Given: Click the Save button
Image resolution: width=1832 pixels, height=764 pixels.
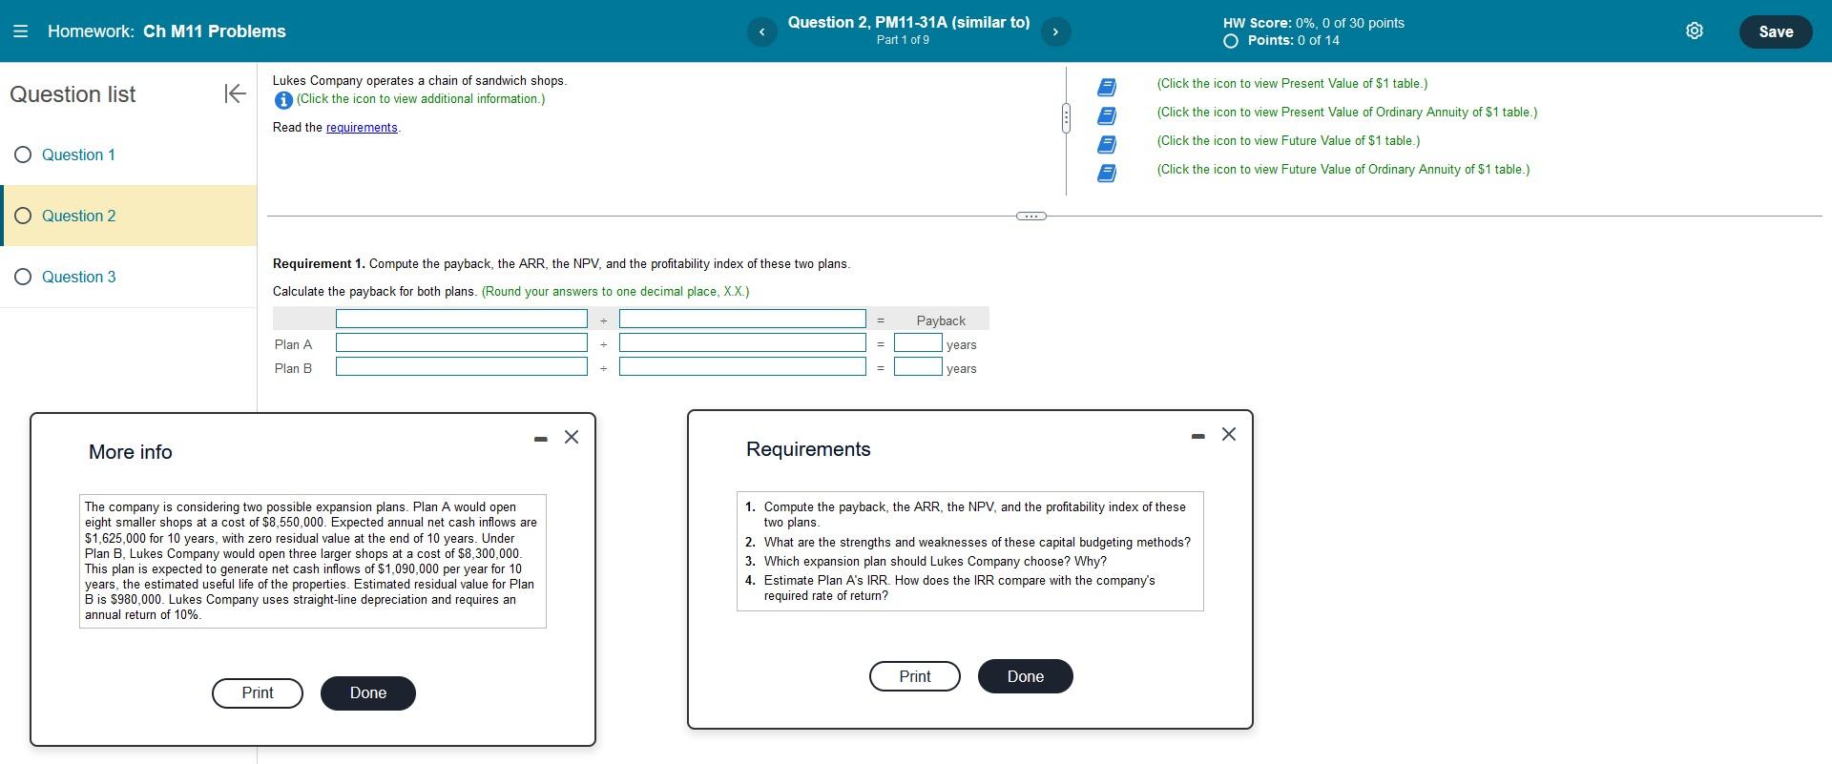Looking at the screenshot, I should click(x=1775, y=31).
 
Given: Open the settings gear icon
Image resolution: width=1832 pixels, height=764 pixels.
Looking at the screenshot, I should click(x=1694, y=31).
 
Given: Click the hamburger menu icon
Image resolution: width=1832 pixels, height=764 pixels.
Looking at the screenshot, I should click(x=20, y=31).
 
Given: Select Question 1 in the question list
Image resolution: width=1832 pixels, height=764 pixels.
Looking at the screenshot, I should click(x=77, y=155).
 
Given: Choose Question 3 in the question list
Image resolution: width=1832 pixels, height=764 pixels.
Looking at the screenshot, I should click(x=77, y=277).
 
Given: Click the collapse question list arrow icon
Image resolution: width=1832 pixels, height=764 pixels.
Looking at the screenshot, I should click(x=235, y=93).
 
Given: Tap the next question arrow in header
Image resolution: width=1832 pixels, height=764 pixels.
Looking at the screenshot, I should click(x=1055, y=32).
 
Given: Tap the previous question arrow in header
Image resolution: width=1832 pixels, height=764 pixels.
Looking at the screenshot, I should click(x=761, y=32).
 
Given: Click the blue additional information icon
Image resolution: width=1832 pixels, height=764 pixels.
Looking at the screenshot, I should click(x=282, y=100).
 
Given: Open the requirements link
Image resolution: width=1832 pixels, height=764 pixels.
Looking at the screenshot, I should click(x=362, y=128).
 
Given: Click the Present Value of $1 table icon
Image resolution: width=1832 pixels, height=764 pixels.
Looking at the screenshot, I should click(x=1107, y=87).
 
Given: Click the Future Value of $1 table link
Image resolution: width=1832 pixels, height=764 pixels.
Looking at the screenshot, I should click(x=1288, y=141).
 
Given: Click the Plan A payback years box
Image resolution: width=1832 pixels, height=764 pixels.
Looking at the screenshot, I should click(x=918, y=343).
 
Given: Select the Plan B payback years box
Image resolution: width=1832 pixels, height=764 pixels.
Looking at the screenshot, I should click(x=918, y=367).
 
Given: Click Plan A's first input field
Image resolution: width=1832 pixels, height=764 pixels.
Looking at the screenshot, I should click(x=461, y=343).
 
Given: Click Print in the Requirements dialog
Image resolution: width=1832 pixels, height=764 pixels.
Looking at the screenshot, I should click(x=914, y=676).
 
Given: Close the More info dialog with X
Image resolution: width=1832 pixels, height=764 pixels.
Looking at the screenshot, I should click(x=572, y=437).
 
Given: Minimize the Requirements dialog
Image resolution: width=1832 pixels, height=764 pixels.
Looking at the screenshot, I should click(x=1197, y=436).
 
